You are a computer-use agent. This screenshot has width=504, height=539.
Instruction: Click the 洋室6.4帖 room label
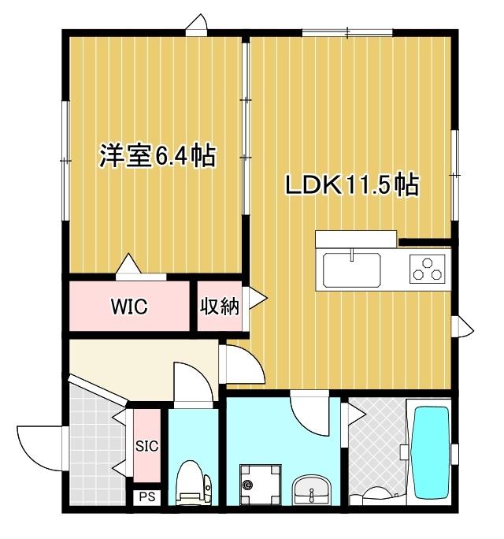tap(157, 156)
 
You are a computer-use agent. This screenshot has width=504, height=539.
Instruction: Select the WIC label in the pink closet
tap(129, 307)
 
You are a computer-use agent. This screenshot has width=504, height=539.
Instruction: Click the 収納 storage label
tap(218, 307)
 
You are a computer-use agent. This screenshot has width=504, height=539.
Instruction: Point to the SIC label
tap(146, 446)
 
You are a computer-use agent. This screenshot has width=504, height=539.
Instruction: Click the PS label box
tap(146, 497)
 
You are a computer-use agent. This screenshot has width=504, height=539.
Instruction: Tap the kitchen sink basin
tap(352, 270)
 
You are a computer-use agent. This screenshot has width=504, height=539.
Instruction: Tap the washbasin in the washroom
tap(313, 489)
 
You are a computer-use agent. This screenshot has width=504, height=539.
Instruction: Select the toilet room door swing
tap(192, 386)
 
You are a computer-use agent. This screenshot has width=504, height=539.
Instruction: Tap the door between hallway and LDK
tap(240, 363)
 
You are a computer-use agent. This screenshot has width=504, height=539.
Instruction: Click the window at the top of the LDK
tap(347, 32)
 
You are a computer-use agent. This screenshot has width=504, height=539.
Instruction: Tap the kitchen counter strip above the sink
tap(355, 239)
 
